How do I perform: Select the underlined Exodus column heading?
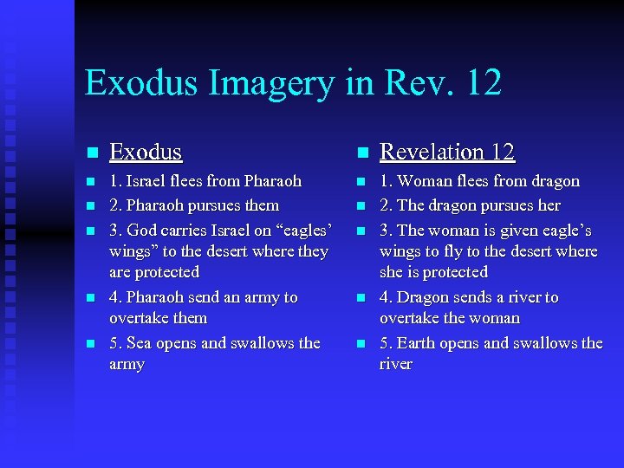coord(146,153)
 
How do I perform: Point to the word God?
coord(143,230)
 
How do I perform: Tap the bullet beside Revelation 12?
coord(363,153)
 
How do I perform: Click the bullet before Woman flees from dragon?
coord(363,182)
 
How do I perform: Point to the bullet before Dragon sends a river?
coord(363,297)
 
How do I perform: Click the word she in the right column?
coord(393,272)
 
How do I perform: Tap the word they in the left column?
coord(311,251)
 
